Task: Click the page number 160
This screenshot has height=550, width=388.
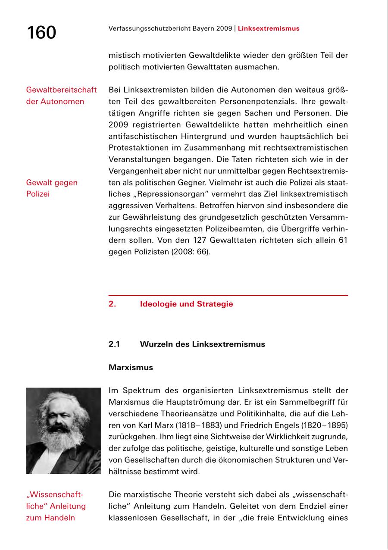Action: point(41,33)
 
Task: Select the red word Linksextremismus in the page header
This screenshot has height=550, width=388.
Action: point(268,29)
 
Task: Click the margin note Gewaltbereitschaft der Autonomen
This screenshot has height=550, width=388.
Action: point(61,96)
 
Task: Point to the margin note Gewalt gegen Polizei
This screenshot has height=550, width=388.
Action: point(52,188)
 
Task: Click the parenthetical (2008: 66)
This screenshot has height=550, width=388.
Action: point(193,251)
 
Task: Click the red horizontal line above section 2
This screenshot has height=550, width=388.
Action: point(228,295)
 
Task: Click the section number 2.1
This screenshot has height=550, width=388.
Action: point(114,344)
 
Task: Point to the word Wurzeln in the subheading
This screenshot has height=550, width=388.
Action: point(156,344)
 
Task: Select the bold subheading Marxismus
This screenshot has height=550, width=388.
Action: point(131,368)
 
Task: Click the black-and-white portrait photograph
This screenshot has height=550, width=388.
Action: point(63,431)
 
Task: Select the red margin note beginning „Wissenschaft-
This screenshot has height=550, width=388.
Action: point(56,506)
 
